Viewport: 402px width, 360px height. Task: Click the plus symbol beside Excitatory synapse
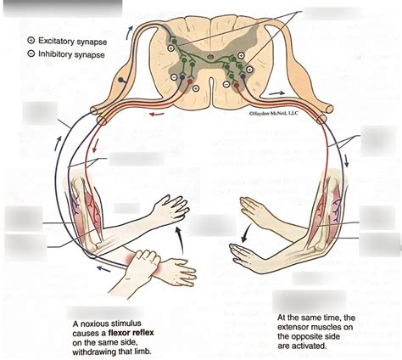pyautogui.click(x=31, y=40)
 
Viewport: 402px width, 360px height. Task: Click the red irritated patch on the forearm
pyautogui.click(x=136, y=257)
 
